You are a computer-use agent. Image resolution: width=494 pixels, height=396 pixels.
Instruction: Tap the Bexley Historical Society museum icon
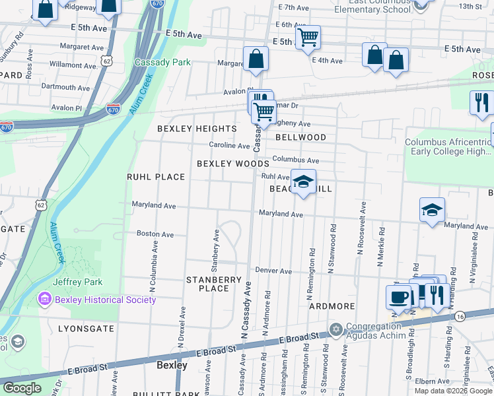click(x=45, y=300)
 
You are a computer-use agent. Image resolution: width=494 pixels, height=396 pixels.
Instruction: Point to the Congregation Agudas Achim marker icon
click(x=335, y=329)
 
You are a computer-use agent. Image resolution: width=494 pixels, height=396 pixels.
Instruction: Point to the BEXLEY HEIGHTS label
click(x=196, y=128)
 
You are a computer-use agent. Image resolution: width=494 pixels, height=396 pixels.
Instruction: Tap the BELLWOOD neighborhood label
click(x=300, y=137)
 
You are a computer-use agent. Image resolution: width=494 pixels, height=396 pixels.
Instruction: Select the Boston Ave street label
click(x=155, y=234)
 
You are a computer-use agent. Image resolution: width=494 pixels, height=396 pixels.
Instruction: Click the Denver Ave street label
click(x=273, y=271)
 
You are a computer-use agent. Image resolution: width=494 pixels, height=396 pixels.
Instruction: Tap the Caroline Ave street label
click(x=229, y=145)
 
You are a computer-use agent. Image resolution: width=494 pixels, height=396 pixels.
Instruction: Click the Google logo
click(x=22, y=388)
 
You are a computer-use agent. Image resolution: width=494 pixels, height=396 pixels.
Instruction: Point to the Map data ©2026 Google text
click(x=453, y=391)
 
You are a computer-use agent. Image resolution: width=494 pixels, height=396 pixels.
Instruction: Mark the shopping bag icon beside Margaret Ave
click(x=255, y=59)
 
